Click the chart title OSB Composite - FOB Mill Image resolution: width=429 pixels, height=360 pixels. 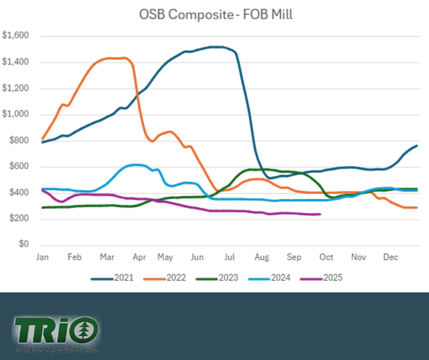(215, 15)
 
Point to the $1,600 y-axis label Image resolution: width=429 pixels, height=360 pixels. (16, 36)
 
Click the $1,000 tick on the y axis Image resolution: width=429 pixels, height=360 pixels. (16, 114)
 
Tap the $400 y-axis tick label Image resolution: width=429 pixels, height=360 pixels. (18, 193)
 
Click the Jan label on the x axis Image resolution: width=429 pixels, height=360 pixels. (42, 257)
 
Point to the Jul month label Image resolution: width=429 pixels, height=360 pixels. (230, 257)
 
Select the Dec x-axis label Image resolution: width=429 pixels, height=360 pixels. (391, 257)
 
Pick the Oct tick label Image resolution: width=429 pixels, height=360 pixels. (326, 257)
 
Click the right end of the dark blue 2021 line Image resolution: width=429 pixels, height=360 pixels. (417, 146)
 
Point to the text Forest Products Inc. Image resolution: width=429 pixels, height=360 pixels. (56, 350)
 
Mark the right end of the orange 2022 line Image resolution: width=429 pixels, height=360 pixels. (417, 207)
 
